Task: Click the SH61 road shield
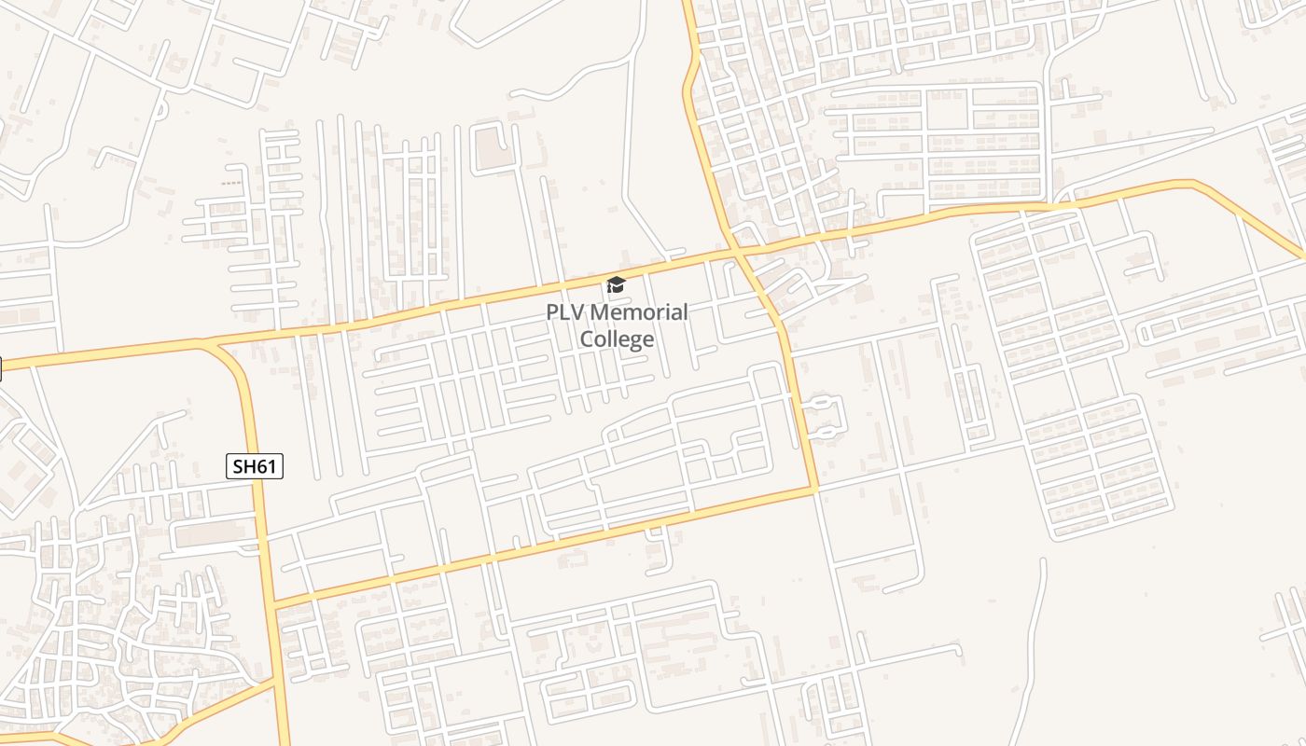[254, 466]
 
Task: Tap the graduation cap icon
[616, 284]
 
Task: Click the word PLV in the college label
[565, 312]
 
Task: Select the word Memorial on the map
[638, 312]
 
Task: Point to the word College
[617, 338]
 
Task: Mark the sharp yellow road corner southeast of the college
[814, 489]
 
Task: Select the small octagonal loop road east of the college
[824, 417]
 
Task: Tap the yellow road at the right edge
[1298, 252]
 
